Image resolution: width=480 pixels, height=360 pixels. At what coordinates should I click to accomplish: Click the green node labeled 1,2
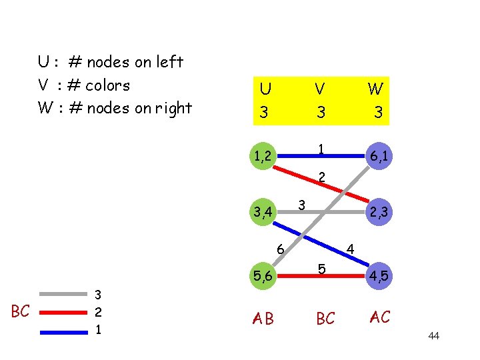coord(264,157)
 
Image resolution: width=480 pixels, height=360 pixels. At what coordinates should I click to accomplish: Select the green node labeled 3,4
coord(264,213)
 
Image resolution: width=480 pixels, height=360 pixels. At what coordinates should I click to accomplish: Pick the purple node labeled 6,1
coord(379,157)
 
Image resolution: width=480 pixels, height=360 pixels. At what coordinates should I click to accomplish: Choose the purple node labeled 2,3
coord(379,213)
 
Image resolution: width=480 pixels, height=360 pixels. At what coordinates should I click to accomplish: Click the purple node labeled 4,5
coord(379,274)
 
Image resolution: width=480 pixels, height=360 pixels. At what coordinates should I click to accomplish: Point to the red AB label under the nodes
coord(263,319)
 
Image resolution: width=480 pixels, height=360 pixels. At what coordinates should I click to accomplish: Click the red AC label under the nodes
coord(379,317)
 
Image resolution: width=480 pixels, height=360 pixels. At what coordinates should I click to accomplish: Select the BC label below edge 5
coord(325,319)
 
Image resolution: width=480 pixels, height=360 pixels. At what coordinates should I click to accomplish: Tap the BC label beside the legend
coord(20,311)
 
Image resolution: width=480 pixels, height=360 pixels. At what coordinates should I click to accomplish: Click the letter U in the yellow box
coord(265,89)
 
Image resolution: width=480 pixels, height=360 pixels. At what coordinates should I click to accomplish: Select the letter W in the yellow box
coord(376,89)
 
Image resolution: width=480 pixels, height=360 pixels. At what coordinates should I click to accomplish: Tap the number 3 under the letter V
coord(321,112)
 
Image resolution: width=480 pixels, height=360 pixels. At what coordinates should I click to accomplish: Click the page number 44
coord(433,335)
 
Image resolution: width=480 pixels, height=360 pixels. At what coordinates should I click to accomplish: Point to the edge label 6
coord(281,250)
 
